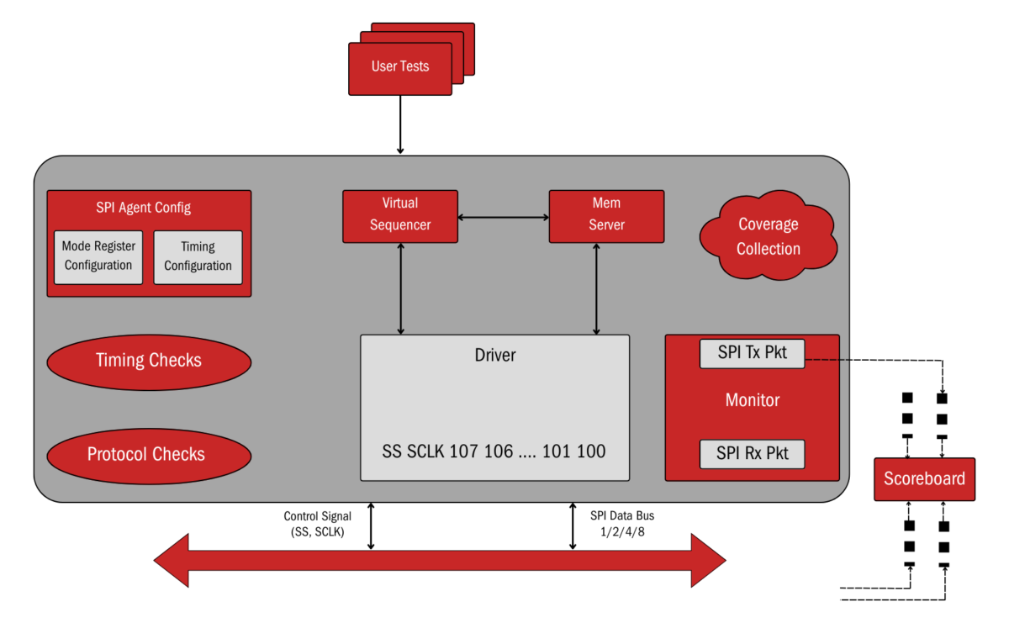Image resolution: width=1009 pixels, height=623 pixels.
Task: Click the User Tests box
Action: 400,67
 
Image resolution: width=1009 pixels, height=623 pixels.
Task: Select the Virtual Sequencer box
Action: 400,216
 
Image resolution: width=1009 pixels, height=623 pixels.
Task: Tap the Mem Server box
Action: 606,216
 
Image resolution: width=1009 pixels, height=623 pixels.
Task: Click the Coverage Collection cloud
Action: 768,236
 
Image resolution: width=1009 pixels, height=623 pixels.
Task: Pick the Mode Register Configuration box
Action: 98,256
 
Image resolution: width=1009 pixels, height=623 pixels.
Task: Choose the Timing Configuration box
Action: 198,256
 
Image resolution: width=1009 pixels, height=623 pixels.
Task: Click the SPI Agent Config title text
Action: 144,208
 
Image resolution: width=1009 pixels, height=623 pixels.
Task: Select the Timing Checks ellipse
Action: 149,361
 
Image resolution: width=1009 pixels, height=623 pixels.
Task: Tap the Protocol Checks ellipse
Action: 149,455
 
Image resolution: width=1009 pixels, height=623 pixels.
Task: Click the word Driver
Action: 495,356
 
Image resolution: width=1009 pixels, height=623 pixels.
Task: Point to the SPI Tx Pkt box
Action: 752,353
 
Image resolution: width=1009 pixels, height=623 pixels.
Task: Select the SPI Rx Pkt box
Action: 752,454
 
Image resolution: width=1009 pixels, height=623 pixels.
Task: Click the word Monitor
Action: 752,401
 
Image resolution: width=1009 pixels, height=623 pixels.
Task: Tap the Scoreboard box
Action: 924,479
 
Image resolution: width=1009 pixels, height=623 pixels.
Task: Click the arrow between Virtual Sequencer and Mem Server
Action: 503,218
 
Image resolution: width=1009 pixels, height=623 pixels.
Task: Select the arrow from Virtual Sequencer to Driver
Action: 401,288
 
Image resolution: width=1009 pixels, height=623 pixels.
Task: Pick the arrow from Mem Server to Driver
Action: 596,288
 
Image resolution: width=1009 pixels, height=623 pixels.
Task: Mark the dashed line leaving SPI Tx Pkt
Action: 828,361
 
